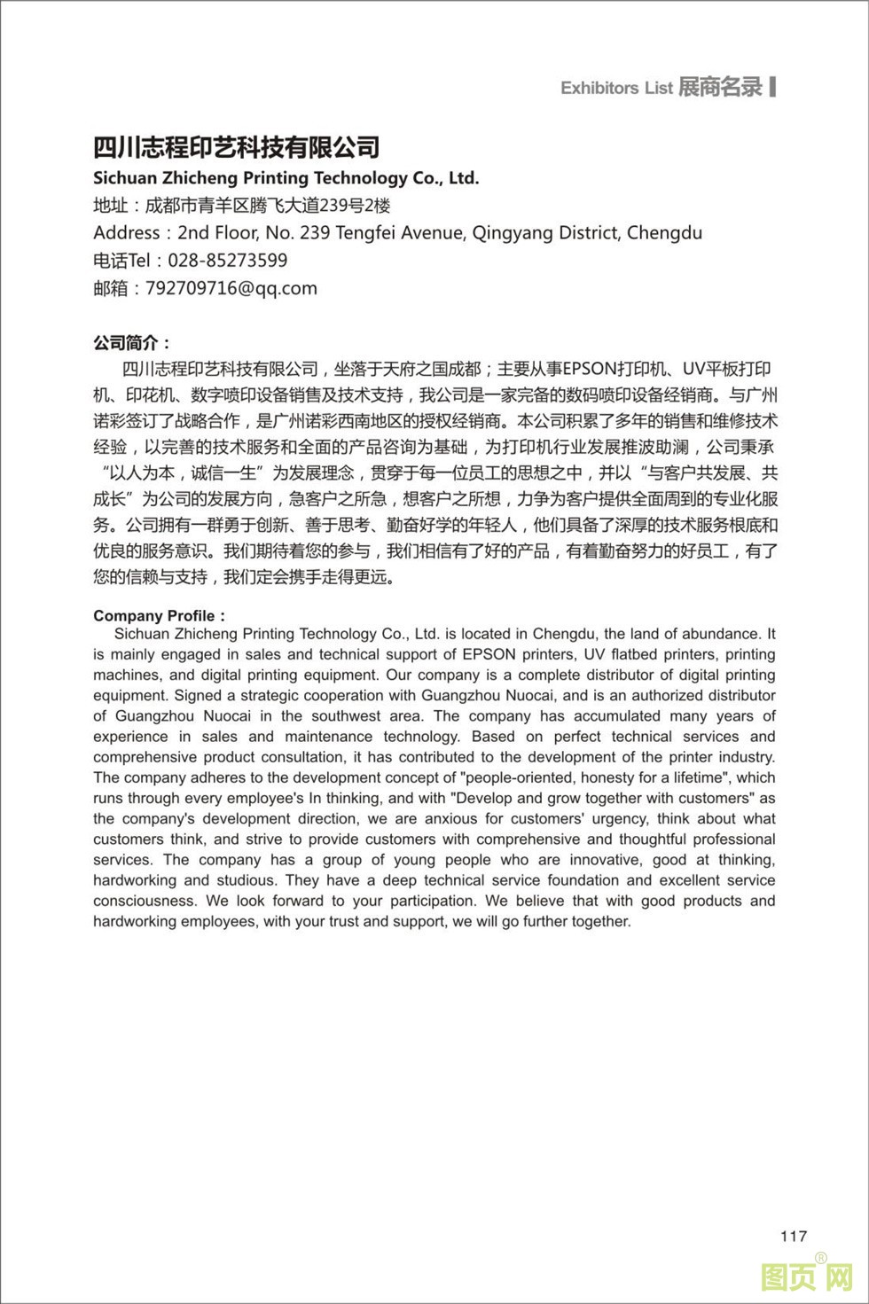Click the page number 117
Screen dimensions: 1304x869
coord(794,1236)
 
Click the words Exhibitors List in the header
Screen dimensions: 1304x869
coord(616,88)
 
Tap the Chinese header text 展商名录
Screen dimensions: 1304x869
coord(720,87)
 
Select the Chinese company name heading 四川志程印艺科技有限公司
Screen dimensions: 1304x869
coord(237,147)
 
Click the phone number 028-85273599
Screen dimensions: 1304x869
coord(227,261)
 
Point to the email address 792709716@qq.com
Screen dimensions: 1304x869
coord(231,288)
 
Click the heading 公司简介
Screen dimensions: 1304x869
coord(132,343)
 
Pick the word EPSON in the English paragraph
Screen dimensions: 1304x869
coord(489,654)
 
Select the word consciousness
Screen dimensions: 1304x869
coord(145,901)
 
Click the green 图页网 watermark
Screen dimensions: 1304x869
coord(806,1277)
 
